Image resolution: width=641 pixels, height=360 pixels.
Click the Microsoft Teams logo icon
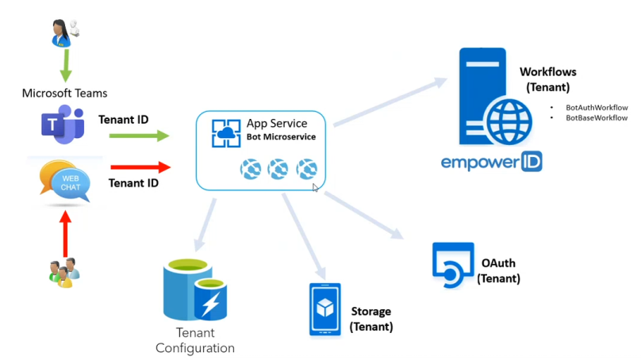(62, 128)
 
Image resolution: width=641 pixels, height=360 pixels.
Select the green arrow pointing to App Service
(139, 136)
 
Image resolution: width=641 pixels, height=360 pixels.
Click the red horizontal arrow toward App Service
(139, 167)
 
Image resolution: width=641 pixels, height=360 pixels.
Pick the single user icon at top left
(62, 31)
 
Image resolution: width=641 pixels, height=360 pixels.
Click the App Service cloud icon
(226, 132)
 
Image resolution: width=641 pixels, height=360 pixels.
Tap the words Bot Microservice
(281, 137)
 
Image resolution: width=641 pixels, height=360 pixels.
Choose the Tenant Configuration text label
(195, 341)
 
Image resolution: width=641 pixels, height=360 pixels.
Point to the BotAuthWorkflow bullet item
(596, 107)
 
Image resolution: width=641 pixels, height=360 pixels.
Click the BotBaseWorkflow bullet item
(596, 117)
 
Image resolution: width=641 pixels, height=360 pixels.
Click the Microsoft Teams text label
(64, 94)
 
